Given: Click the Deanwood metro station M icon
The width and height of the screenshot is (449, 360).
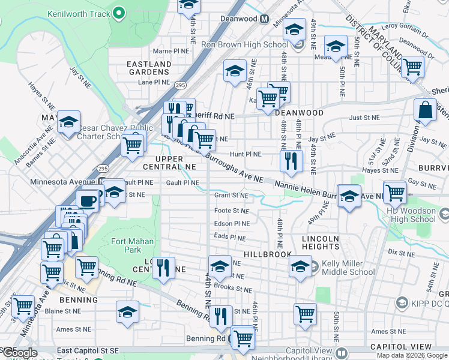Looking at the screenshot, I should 264,19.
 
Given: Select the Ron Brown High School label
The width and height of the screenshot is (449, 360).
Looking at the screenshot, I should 253,44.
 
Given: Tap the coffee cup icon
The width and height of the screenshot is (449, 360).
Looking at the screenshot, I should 88,200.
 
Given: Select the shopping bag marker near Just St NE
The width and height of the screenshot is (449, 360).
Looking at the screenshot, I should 425,109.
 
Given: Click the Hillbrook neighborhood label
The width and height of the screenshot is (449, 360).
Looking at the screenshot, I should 267,254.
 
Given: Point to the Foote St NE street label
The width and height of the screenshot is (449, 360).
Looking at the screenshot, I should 231,211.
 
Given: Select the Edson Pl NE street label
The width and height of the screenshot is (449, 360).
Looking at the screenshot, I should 231,224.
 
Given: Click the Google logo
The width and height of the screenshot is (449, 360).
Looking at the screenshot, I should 19,352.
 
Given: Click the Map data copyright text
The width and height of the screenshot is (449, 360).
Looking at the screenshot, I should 411,355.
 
